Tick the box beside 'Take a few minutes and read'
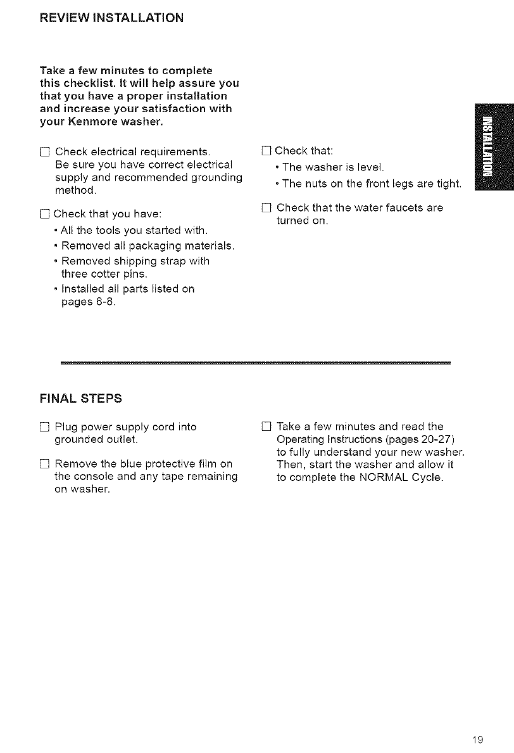(265, 426)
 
